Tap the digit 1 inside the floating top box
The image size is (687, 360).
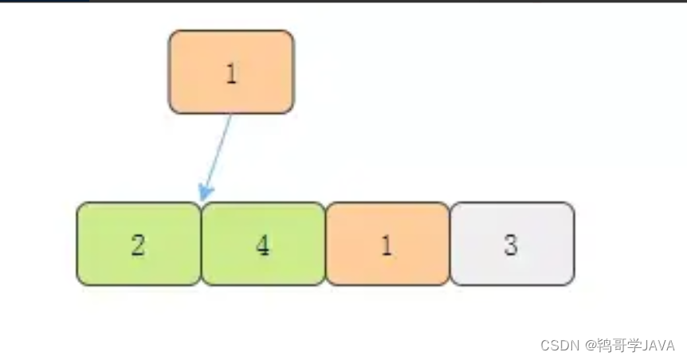coord(231,74)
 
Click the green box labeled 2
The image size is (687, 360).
coord(139,244)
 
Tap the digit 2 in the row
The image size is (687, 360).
coord(139,245)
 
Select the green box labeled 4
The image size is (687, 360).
coord(263,244)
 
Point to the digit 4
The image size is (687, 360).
coord(263,245)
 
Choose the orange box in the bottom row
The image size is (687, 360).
coord(388,244)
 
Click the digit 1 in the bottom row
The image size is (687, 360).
coord(387,245)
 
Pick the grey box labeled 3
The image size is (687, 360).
coord(512,244)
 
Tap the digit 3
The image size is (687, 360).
coord(512,245)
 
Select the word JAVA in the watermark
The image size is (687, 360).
coord(658,346)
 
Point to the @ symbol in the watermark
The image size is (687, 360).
coord(592,346)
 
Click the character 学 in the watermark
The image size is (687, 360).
coord(634,346)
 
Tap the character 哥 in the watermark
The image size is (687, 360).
coord(620,346)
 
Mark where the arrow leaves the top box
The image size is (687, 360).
coord(232,114)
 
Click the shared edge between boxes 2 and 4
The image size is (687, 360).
coord(201,244)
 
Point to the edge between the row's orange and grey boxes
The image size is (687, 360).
coord(450,244)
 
